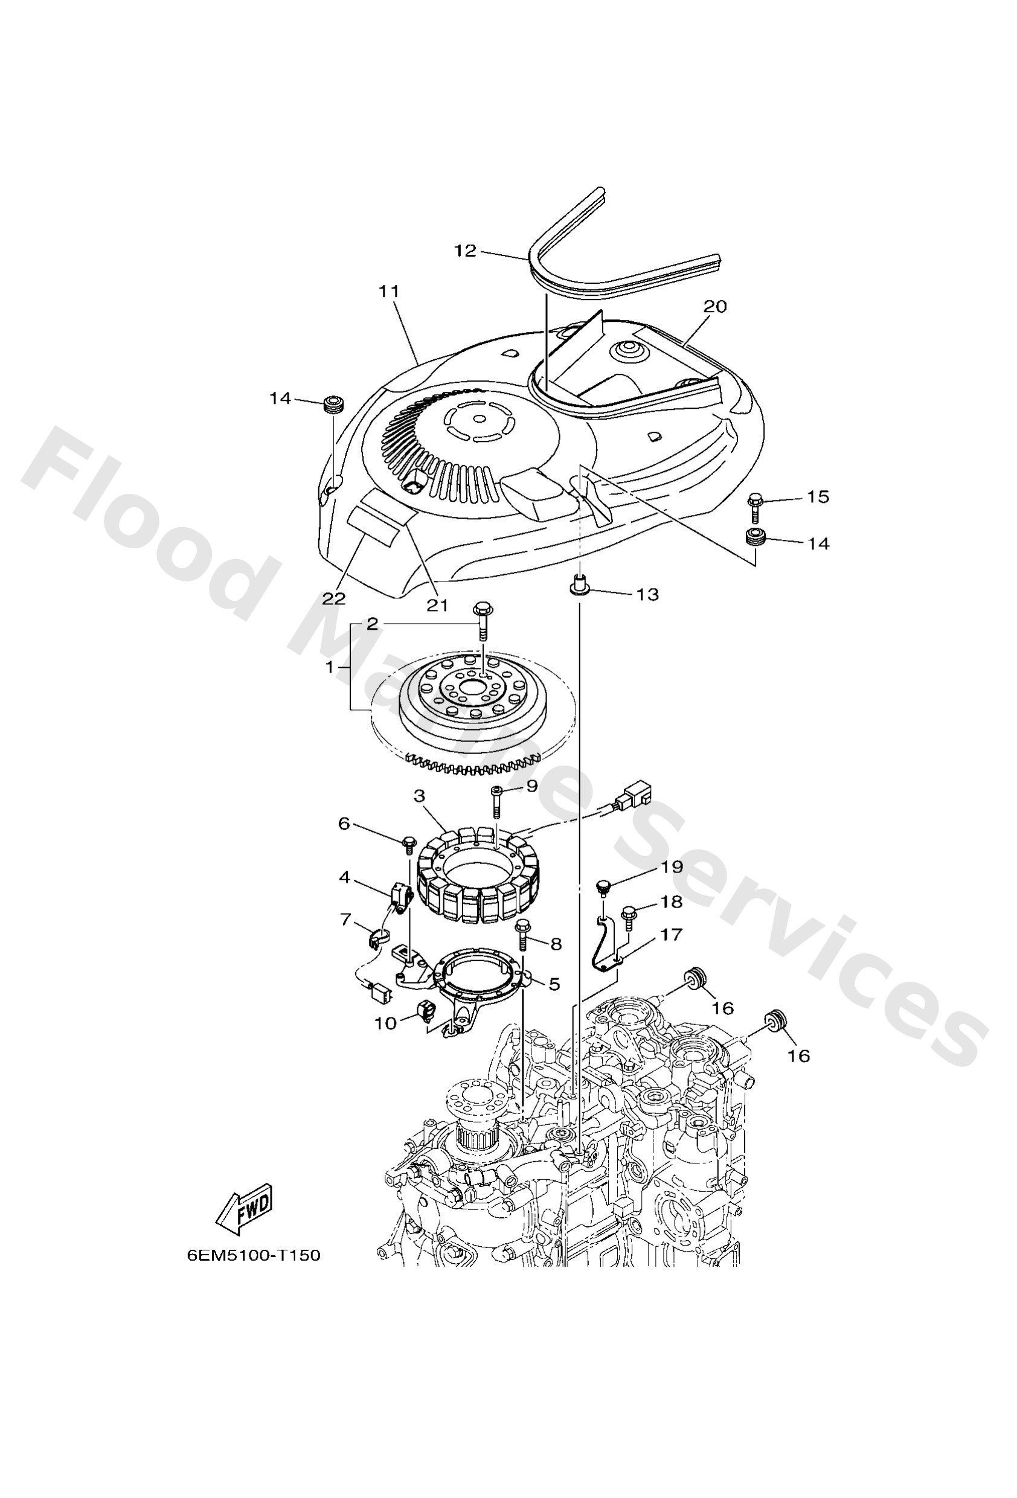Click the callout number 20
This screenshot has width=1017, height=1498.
coord(714,306)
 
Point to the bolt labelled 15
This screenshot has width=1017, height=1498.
coord(754,507)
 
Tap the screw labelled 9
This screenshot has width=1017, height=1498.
coord(496,800)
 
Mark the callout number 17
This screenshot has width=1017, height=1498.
coord(672,935)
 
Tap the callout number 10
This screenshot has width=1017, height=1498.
coord(386,1023)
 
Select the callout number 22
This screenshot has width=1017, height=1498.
coord(334,599)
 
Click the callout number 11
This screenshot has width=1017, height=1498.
coord(389,292)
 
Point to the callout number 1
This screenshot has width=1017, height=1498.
coord(330,667)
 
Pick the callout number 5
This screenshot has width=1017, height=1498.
coord(554,984)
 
